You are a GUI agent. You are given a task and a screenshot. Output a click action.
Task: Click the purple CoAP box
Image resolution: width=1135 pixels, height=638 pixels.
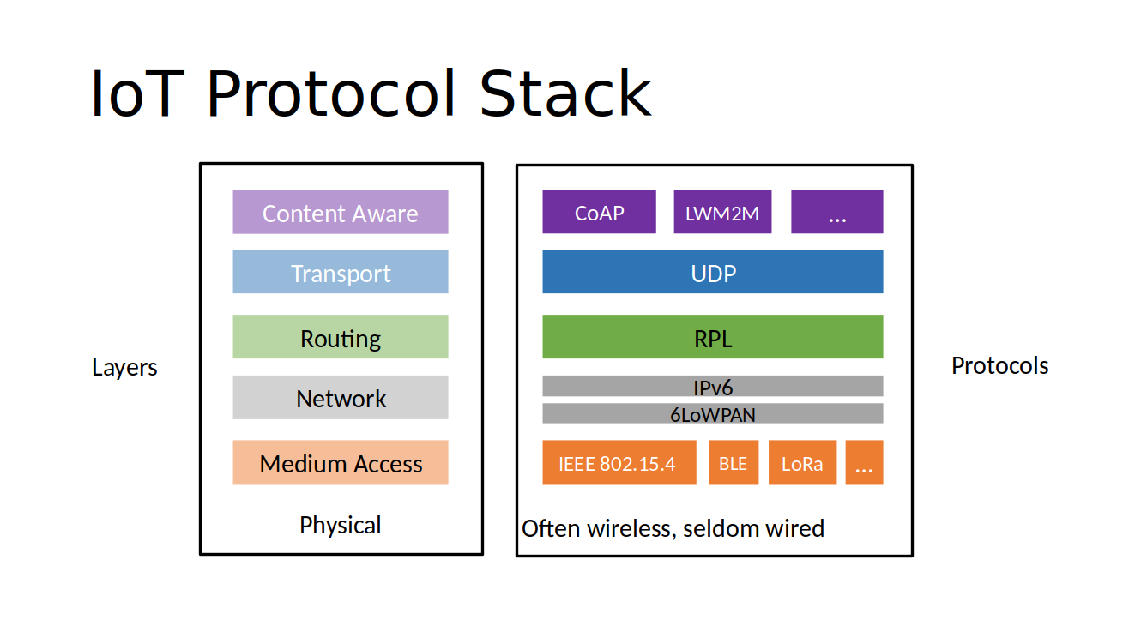point(599,212)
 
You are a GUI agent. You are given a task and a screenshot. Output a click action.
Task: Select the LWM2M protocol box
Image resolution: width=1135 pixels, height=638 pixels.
point(722,212)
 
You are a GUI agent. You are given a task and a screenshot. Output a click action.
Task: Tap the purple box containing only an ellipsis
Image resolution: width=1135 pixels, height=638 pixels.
point(836,212)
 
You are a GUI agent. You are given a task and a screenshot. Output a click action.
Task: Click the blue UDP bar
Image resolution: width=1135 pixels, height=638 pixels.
point(712,272)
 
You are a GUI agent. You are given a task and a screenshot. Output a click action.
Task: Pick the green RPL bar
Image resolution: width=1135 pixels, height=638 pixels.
point(712,337)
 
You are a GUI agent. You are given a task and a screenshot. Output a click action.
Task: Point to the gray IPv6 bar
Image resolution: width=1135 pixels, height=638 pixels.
point(712,386)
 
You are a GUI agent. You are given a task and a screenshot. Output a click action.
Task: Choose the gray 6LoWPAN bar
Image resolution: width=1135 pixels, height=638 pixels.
point(712,413)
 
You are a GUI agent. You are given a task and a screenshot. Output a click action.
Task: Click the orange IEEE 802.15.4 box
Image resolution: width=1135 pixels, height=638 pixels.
point(619,463)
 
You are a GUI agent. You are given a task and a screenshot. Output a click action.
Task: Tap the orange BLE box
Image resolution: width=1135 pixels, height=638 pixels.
point(733,463)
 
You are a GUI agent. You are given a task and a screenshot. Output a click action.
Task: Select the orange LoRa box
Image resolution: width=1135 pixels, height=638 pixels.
point(802,463)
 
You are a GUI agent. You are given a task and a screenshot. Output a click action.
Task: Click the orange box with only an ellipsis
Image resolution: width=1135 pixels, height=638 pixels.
point(864,463)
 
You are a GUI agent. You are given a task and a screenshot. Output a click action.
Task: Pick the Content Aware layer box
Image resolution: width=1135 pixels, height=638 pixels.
point(341,213)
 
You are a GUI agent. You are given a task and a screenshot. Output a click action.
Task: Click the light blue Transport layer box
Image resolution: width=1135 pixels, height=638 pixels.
point(341,272)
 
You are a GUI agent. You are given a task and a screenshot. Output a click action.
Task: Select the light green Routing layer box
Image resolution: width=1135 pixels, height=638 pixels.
point(341,337)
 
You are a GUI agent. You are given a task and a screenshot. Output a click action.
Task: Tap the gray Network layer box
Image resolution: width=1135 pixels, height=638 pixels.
point(341,398)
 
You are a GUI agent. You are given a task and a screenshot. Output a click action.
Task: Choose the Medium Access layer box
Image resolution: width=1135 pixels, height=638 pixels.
point(341,463)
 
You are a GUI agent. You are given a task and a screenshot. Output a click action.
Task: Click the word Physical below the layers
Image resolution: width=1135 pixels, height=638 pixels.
point(341,525)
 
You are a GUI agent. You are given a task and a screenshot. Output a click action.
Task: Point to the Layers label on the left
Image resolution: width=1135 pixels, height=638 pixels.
point(124,368)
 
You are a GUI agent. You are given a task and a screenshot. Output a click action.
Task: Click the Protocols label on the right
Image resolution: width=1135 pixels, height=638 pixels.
point(999,366)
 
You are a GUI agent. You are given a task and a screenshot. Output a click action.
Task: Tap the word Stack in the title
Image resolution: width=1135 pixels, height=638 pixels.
point(565,94)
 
